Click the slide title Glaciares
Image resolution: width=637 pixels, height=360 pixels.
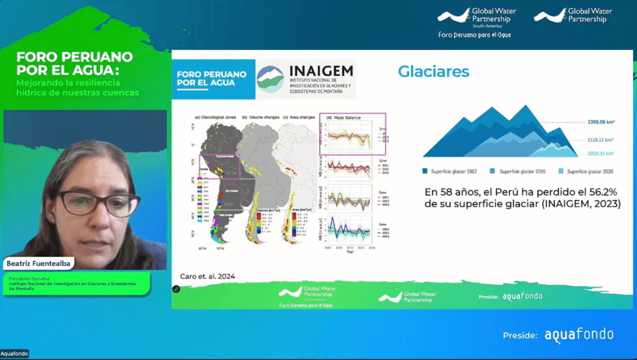point(434,72)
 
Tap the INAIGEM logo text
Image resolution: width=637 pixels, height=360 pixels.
point(321,71)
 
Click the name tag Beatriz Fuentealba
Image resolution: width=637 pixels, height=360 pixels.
point(40,264)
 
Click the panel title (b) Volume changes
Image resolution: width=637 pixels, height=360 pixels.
point(261,117)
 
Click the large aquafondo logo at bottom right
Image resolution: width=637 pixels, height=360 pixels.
point(579,335)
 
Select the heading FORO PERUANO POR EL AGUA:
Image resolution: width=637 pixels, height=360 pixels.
point(75,62)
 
